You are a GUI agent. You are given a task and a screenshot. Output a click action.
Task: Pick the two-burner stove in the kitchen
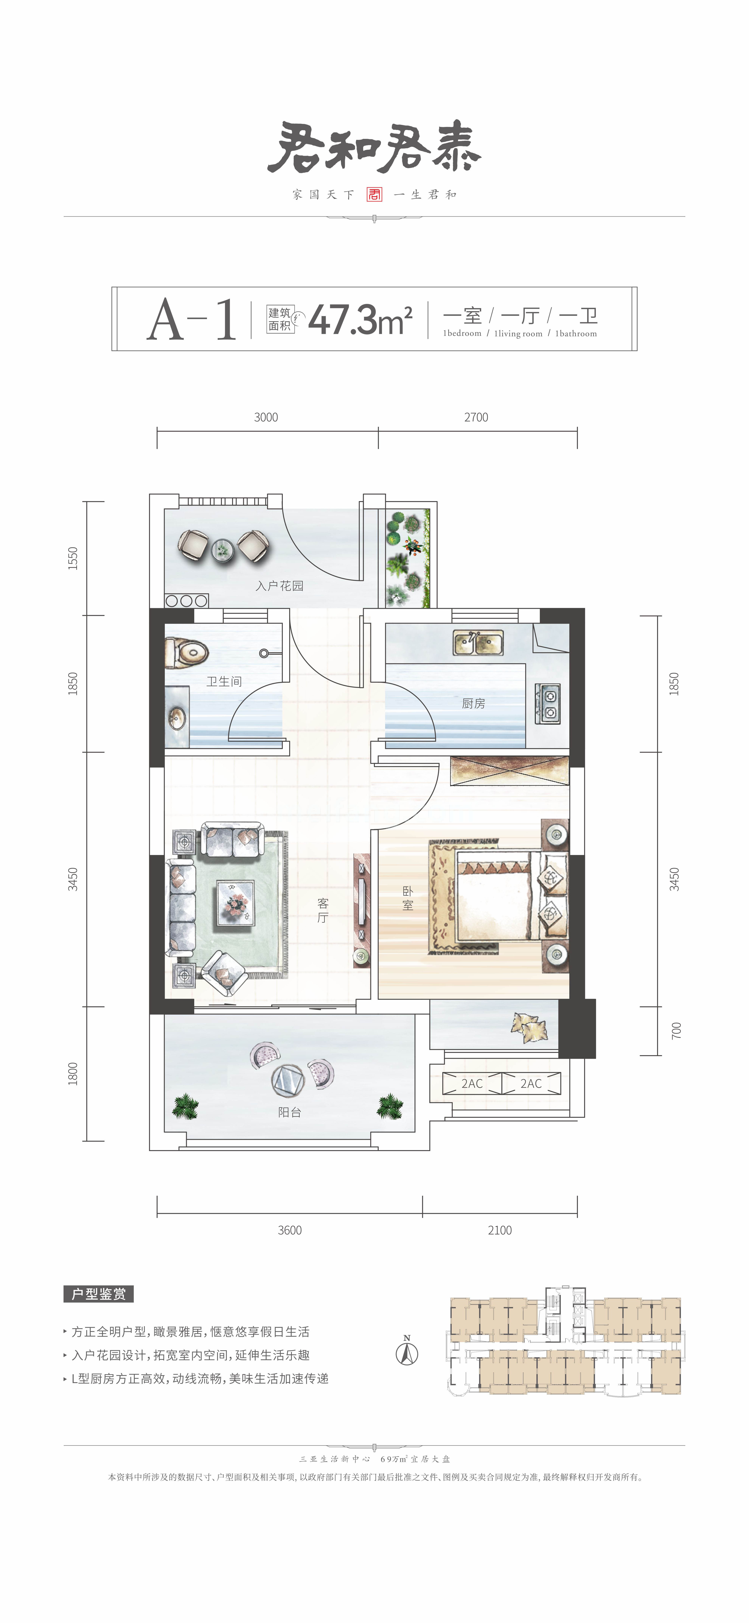pyautogui.click(x=547, y=704)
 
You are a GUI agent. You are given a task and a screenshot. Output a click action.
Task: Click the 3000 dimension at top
pyautogui.click(x=266, y=417)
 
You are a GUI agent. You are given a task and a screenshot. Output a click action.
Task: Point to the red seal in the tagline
pyautogui.click(x=374, y=194)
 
